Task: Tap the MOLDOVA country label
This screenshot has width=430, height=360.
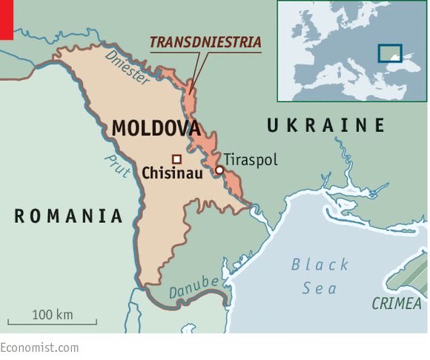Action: [156, 128]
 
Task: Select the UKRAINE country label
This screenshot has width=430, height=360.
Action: [326, 125]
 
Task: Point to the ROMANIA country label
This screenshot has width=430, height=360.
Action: [68, 216]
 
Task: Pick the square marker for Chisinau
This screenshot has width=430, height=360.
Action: [176, 159]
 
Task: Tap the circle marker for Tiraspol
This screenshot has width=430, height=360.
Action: [219, 170]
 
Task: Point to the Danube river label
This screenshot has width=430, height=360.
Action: [194, 287]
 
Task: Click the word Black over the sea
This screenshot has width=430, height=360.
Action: [320, 264]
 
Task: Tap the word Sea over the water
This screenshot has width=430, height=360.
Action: [320, 288]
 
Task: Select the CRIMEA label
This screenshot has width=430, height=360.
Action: [397, 304]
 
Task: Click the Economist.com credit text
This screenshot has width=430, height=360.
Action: [39, 347]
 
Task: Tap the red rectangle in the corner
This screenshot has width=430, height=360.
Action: [7, 19]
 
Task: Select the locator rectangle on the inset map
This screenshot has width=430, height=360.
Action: [389, 53]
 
